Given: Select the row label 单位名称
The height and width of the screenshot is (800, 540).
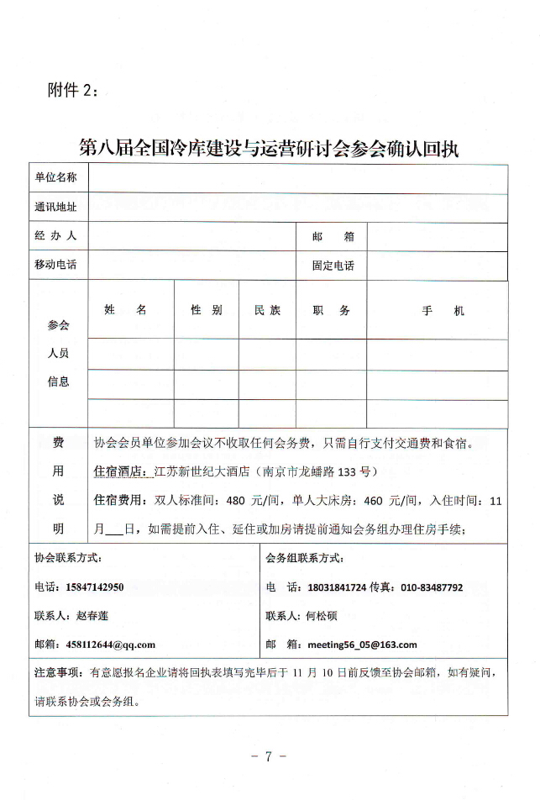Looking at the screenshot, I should coord(55,177).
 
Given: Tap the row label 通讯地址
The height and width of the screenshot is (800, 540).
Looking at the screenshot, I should coord(55,207).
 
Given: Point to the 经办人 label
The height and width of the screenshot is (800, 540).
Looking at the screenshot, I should coord(55,236).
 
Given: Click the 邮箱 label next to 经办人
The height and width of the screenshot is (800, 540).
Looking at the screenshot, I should coord(333,236).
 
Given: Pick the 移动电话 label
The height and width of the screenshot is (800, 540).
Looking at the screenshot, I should coord(55,265).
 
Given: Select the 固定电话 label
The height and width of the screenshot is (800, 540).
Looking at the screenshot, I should coord(333,266).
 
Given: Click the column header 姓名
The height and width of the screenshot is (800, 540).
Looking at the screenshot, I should coord(126,310).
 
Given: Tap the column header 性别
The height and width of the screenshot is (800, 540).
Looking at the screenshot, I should coord(206,310).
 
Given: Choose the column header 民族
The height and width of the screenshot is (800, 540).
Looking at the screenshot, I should coord(268,310).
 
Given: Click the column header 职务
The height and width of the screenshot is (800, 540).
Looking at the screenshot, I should coord(331,310).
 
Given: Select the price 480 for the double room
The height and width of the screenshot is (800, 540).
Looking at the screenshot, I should coord(236,500).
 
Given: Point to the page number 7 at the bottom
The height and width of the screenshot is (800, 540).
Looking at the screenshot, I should coord(269,755).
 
